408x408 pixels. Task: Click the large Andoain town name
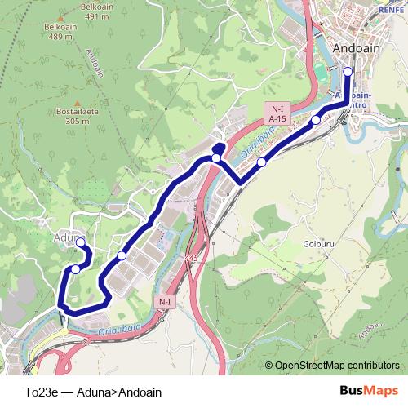(356, 48)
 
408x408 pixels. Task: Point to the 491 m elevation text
(95, 16)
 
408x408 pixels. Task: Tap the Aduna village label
(68, 237)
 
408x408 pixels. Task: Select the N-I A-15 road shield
(277, 113)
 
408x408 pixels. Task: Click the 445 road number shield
(191, 258)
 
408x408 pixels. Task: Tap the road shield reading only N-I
(165, 302)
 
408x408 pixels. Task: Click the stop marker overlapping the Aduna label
(80, 242)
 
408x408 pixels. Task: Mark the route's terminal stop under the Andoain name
(348, 72)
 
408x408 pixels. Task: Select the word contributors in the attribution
(375, 366)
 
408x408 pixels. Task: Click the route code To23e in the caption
(42, 392)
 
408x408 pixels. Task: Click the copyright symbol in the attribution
(269, 366)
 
